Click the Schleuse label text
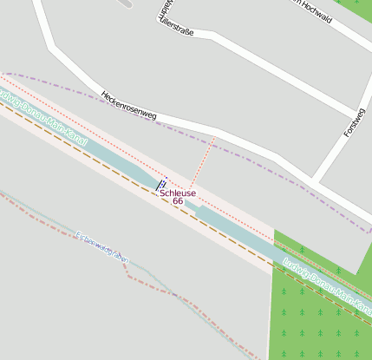[x=178, y=193]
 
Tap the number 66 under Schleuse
[x=178, y=201]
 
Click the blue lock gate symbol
[x=160, y=185]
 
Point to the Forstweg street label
[x=355, y=123]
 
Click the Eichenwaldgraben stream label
[x=103, y=248]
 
